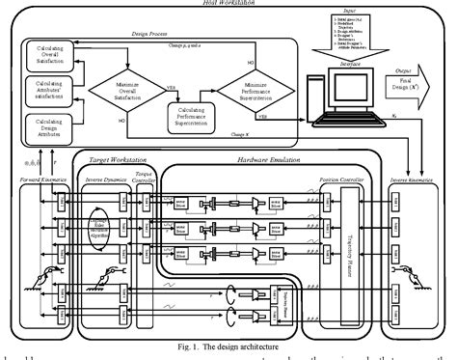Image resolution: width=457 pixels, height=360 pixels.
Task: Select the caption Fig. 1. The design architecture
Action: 228,346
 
